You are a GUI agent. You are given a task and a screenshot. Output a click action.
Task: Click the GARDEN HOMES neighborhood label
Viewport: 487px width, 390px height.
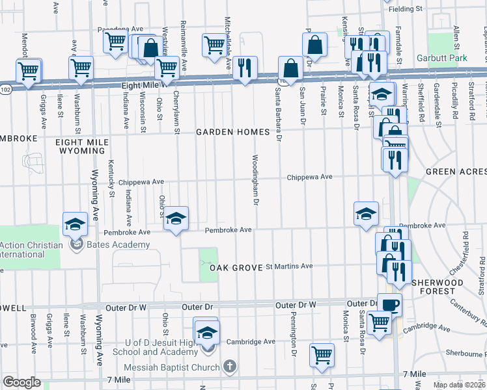coord(232,132)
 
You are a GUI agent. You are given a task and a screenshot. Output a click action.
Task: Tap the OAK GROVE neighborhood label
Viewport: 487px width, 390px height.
coord(235,267)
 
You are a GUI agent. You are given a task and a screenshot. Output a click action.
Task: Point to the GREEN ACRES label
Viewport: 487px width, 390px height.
coord(456,172)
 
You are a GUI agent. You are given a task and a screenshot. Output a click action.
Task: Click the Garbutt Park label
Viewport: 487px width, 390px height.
coord(452,58)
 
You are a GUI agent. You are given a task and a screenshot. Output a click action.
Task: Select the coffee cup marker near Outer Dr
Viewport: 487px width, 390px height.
coord(390,304)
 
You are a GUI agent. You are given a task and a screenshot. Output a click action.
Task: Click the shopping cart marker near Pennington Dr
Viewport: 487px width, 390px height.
coord(322,354)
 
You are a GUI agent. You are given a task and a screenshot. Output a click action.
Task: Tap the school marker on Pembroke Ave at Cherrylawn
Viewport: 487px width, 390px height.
coord(175,218)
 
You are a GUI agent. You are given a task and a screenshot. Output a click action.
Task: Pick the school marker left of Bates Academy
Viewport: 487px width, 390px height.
coord(75,224)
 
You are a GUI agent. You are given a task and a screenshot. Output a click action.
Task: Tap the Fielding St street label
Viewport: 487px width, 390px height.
coord(406,9)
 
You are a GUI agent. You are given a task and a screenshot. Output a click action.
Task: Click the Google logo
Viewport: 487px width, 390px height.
coord(21,382)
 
